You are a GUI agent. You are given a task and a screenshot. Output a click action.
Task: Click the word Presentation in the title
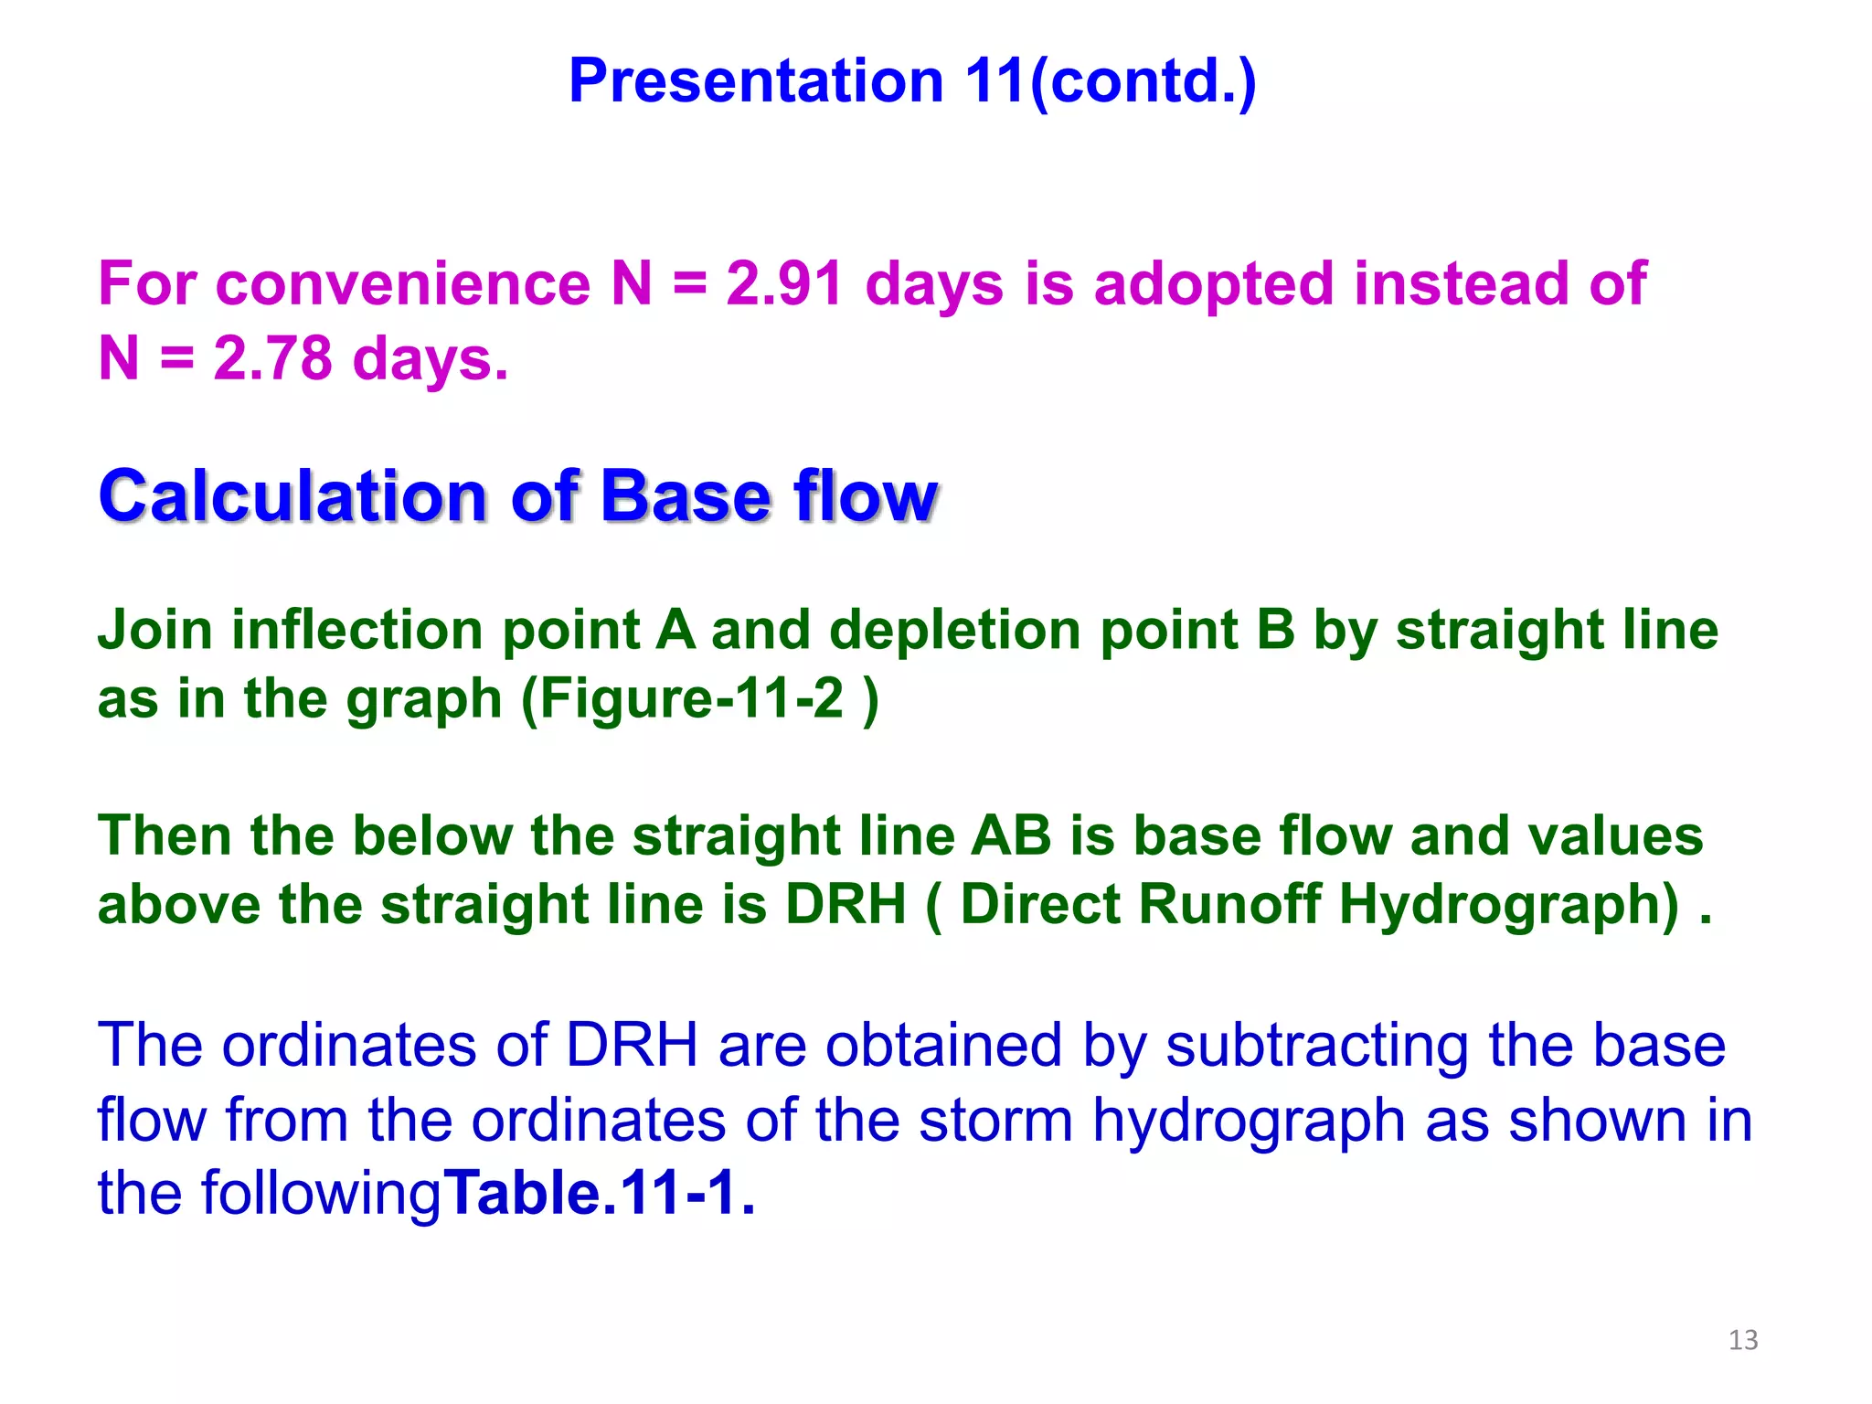[x=755, y=82]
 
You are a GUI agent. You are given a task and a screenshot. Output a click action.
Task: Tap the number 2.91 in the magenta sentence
[x=783, y=284]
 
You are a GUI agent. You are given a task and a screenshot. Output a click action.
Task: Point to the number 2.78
[x=272, y=358]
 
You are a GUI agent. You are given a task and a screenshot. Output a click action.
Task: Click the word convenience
[x=402, y=284]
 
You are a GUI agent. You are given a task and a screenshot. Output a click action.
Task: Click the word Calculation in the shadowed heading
[x=292, y=496]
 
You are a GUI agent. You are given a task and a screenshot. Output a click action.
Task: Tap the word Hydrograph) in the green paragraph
[x=1509, y=905]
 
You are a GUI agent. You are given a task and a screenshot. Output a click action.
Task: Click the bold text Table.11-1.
[x=599, y=1194]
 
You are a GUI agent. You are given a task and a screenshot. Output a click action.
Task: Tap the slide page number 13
[x=1742, y=1340]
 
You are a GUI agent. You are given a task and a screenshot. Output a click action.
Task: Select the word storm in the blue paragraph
[x=995, y=1121]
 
